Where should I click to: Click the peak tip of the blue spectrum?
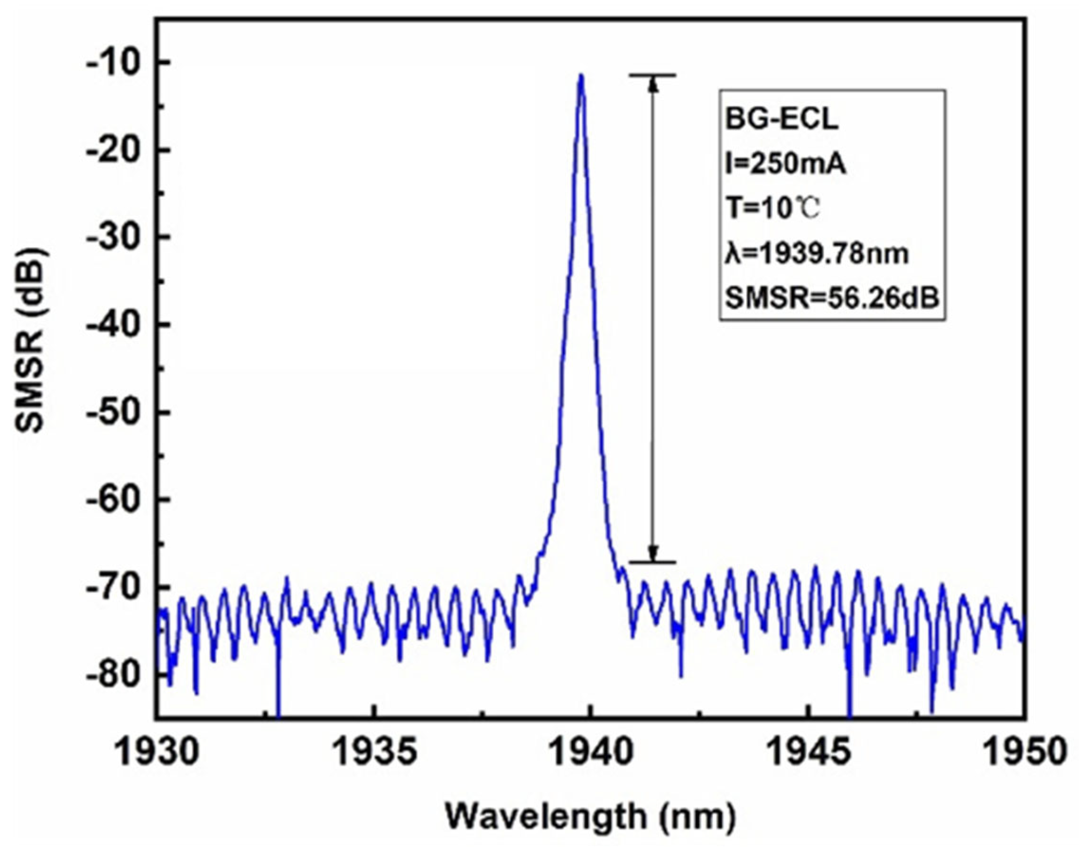pyautogui.click(x=581, y=76)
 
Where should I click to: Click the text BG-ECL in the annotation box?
pyautogui.click(x=781, y=120)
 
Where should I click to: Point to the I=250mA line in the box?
pyautogui.click(x=786, y=165)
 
